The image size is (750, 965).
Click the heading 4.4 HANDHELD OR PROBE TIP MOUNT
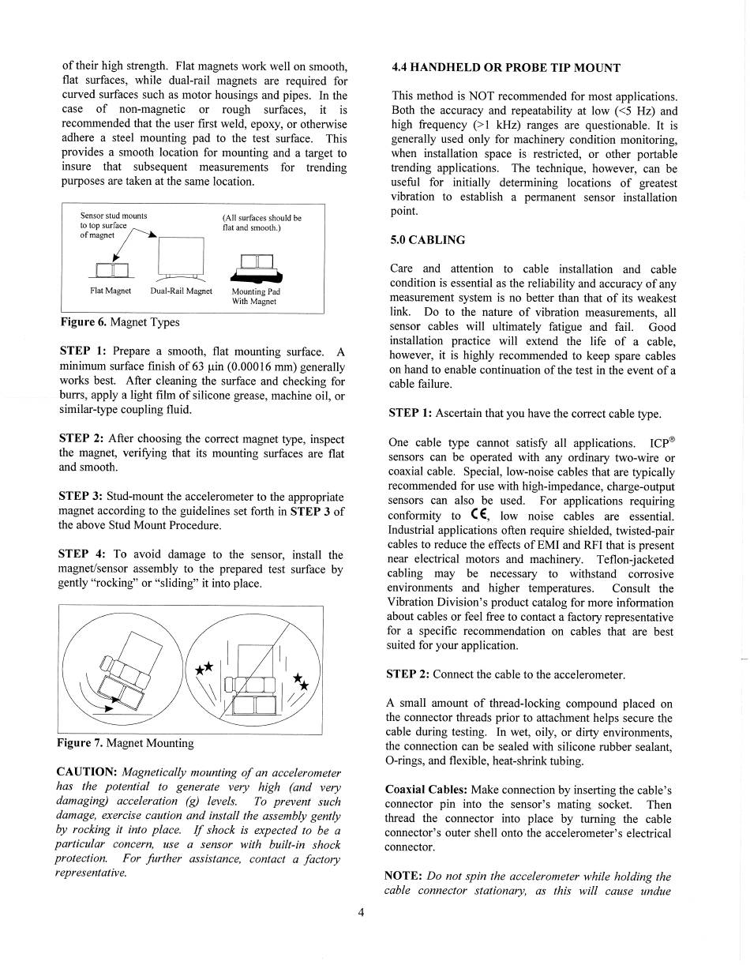pos(505,68)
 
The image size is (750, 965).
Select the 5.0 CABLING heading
pos(428,240)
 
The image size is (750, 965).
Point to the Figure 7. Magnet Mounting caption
pos(126,743)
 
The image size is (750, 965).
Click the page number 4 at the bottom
pos(361,913)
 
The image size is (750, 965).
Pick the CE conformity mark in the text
pos(481,515)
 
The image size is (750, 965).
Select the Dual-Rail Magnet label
pos(181,291)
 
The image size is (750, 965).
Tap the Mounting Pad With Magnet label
pos(254,296)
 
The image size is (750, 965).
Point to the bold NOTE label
pos(403,877)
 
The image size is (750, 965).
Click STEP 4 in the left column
pos(83,554)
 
